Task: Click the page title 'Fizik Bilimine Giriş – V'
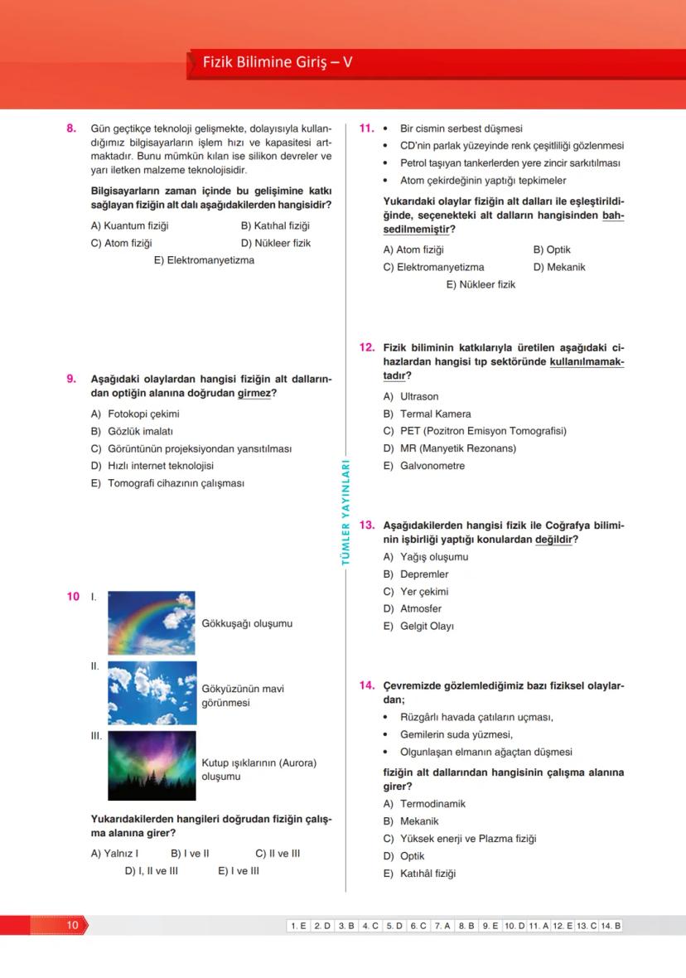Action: click(x=278, y=62)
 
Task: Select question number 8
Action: click(x=71, y=128)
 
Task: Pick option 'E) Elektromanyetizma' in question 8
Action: click(x=204, y=260)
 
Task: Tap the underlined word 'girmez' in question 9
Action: click(x=254, y=393)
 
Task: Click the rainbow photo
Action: click(x=152, y=622)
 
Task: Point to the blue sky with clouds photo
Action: click(x=152, y=693)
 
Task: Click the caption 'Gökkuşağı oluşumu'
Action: click(x=247, y=623)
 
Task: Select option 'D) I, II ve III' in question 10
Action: click(x=151, y=871)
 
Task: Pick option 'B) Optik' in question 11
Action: click(x=552, y=249)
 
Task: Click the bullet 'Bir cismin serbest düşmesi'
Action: click(x=461, y=128)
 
